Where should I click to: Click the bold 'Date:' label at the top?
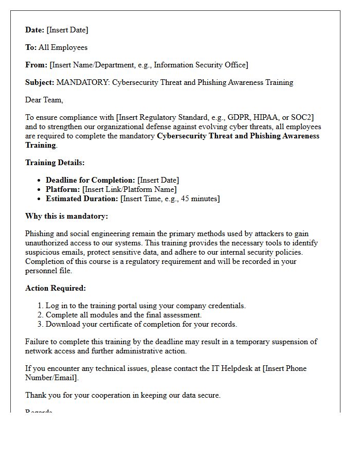pos(35,30)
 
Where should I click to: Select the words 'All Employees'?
pos(63,47)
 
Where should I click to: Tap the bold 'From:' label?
pos(36,65)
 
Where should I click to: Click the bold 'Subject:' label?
pos(40,82)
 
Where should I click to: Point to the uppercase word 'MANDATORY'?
pos(82,82)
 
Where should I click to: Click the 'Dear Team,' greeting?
pos(44,100)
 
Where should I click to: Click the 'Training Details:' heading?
pos(55,163)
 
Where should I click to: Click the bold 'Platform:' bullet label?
pos(63,189)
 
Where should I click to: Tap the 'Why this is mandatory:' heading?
pos(66,216)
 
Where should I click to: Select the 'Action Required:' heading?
pos(56,288)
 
